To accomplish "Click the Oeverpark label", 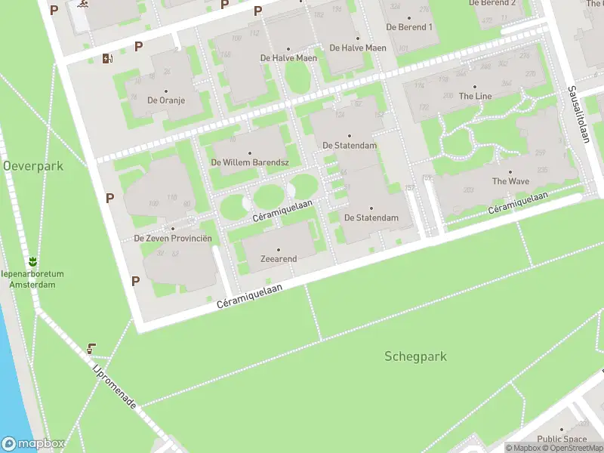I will click(x=32, y=165).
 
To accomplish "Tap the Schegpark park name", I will click(x=415, y=356).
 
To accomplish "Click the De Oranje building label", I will click(x=166, y=100).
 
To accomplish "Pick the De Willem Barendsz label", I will click(x=249, y=162).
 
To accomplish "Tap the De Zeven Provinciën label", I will click(x=173, y=239).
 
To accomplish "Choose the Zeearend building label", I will click(x=279, y=259).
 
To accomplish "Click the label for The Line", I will click(x=475, y=96).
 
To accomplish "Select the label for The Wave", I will click(x=510, y=181).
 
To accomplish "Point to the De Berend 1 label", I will click(x=409, y=27).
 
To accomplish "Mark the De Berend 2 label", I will click(x=492, y=3).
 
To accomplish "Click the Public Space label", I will click(x=562, y=439).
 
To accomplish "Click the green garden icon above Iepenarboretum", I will click(x=32, y=261).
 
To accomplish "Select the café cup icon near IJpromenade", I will click(x=91, y=348).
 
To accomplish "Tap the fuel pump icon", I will click(x=108, y=58).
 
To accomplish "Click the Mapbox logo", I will click(x=33, y=444).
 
